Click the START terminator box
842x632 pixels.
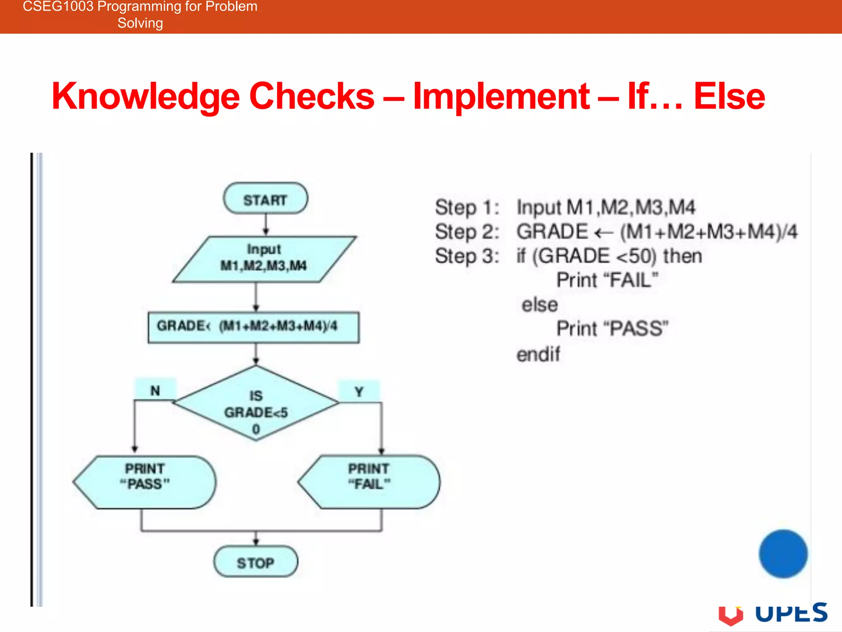pos(265,199)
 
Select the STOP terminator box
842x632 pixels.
pos(255,562)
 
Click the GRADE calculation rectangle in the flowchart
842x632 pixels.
pos(253,327)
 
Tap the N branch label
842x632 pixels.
pos(155,390)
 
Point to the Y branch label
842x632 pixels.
pos(359,391)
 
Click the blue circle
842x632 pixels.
pos(783,554)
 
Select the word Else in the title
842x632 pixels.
pos(729,97)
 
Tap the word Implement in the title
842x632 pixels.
pos(501,97)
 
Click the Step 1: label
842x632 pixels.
pos(467,207)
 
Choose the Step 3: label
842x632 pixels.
pos(467,256)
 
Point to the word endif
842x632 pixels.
pos(538,354)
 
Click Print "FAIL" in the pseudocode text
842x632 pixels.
pos(607,280)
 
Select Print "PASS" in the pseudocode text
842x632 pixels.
pos(612,329)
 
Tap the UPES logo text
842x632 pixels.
pos(791,613)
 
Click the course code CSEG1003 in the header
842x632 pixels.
pos(58,7)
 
